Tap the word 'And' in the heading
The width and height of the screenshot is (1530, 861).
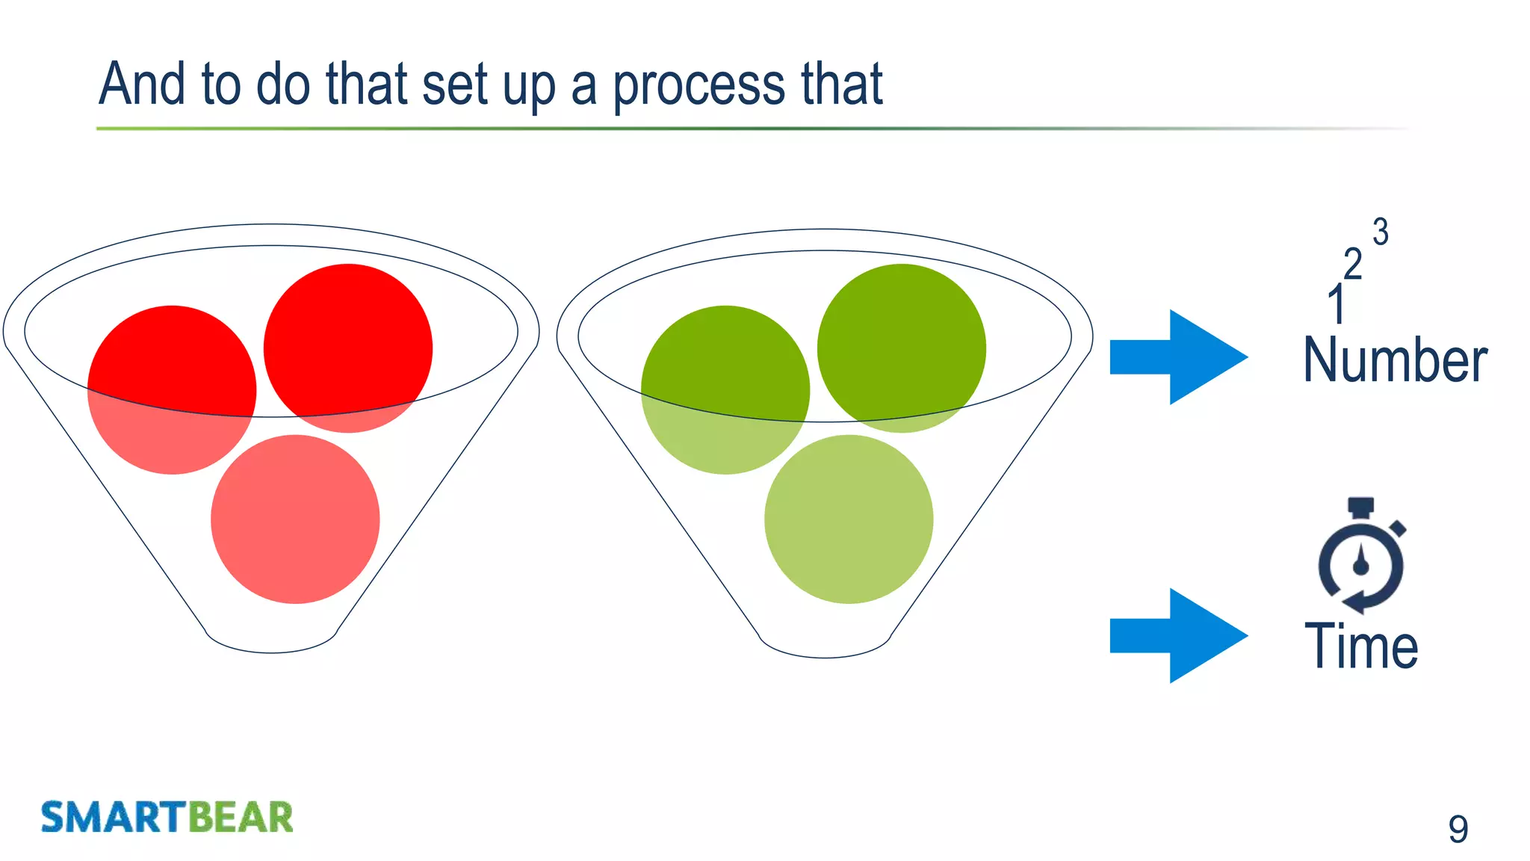coord(142,84)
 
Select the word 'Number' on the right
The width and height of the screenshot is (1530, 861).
coord(1395,361)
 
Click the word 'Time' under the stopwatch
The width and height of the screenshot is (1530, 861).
coord(1360,646)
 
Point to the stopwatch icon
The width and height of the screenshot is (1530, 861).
coord(1361,556)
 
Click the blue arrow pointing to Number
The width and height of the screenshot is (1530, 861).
coord(1178,357)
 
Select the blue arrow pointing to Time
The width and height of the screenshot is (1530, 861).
coord(1178,636)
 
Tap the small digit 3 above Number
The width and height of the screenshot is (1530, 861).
coord(1381,232)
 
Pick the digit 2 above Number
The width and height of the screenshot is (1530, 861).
coord(1352,265)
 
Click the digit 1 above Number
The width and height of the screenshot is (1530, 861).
coord(1337,305)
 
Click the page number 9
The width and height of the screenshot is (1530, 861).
coord(1458,829)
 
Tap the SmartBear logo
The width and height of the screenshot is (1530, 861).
coord(167,817)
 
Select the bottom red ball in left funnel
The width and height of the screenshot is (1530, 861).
coord(295,519)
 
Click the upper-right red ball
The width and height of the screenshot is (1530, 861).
coord(348,348)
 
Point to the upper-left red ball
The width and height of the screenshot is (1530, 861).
coord(172,389)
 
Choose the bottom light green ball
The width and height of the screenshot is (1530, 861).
coord(849,519)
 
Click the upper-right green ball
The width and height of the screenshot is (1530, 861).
coord(902,348)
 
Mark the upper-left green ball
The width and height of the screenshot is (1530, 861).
coord(725,389)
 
